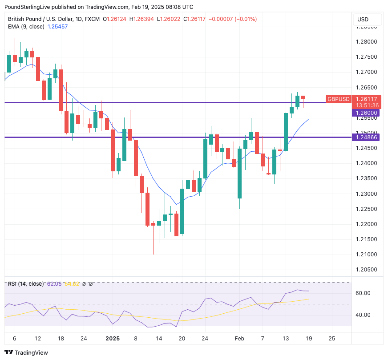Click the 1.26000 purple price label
point(367,113)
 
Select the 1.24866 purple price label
point(367,138)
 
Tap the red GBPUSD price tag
point(339,99)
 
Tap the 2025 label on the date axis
point(113,339)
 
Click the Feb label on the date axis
point(240,339)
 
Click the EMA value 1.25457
point(58,27)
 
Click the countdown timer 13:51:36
point(367,105)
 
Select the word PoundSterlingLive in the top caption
point(28,7)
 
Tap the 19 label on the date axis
point(308,339)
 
